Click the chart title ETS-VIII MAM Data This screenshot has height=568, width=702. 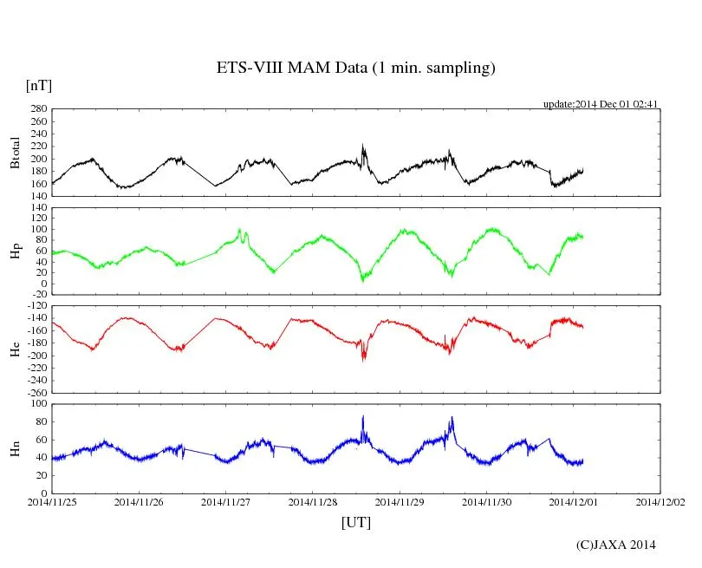tap(355, 69)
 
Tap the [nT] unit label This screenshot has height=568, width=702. tap(39, 86)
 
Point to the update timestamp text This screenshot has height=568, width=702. tap(601, 104)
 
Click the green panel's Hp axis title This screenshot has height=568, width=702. tap(15, 251)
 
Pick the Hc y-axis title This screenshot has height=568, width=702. tap(15, 349)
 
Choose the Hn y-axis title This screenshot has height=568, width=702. tap(15, 448)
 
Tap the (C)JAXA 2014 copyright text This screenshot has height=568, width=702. tap(615, 545)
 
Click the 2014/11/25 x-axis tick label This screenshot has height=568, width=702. tap(52, 501)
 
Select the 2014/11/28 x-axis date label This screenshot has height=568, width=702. tap(313, 501)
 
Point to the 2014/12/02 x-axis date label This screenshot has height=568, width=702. tap(660, 501)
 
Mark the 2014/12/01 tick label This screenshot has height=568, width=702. tap(574, 501)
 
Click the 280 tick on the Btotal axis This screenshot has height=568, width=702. tap(37, 109)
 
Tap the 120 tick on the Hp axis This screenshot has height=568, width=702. tap(37, 208)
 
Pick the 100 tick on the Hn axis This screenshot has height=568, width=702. tap(37, 404)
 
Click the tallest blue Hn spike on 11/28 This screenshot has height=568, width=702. tap(363, 417)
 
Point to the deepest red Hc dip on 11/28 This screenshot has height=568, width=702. tap(363, 357)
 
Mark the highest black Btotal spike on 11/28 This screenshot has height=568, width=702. tap(363, 146)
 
